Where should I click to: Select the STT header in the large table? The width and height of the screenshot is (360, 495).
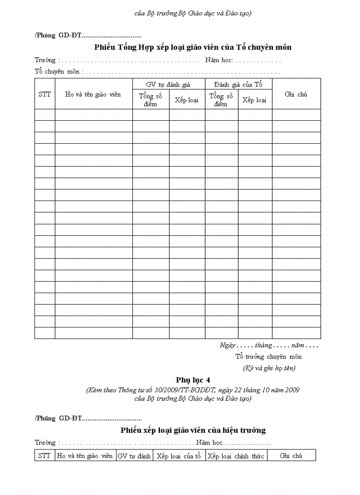[45, 94]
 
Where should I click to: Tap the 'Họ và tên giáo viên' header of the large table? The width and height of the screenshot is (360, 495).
[93, 94]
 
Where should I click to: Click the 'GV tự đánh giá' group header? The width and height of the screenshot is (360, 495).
[169, 85]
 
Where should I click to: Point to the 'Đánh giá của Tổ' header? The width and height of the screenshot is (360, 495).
[238, 85]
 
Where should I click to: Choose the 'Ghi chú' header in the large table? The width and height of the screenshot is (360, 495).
[296, 94]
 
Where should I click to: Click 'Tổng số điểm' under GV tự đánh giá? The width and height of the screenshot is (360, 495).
[150, 100]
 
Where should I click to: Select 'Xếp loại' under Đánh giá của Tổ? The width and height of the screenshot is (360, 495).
[255, 100]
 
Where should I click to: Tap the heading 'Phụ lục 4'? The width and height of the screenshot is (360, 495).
[193, 380]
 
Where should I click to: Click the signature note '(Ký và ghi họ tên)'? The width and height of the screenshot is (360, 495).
[269, 368]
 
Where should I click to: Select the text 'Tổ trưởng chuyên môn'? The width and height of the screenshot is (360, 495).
[269, 357]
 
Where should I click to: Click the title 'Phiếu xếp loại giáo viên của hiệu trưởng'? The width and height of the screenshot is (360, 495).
[193, 430]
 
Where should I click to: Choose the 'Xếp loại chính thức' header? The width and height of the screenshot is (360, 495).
[236, 456]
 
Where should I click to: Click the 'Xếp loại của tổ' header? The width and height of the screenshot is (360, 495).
[179, 456]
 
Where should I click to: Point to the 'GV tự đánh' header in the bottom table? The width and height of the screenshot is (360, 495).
[134, 456]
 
